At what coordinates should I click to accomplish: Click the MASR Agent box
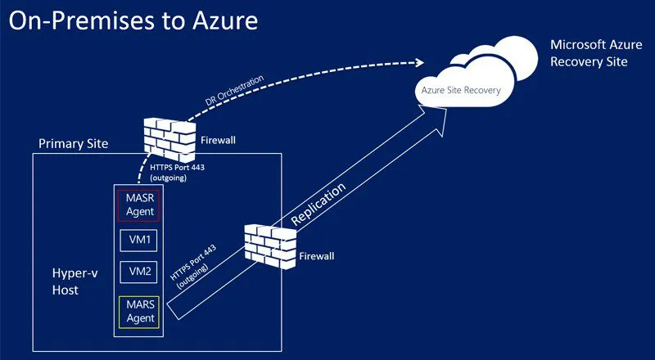(x=138, y=205)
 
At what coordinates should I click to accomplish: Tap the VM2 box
(x=138, y=272)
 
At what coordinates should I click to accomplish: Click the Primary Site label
(x=73, y=144)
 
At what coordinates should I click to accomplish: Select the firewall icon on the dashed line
(x=169, y=137)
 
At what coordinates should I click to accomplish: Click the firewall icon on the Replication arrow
(x=270, y=245)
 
